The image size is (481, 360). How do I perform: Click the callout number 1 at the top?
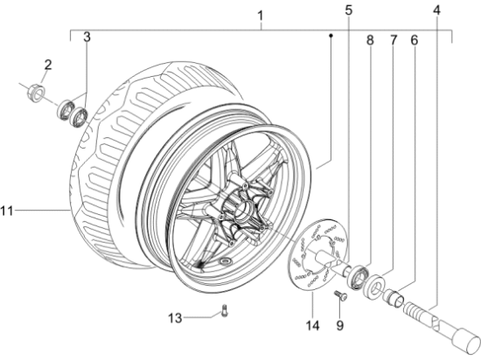coord(260,15)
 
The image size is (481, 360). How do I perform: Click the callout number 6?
coord(415,40)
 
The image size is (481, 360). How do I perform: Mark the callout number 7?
coord(393,40)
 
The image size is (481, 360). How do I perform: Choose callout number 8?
coord(370,40)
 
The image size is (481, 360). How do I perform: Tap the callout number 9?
coord(340,328)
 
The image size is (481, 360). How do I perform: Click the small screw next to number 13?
coord(224,308)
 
